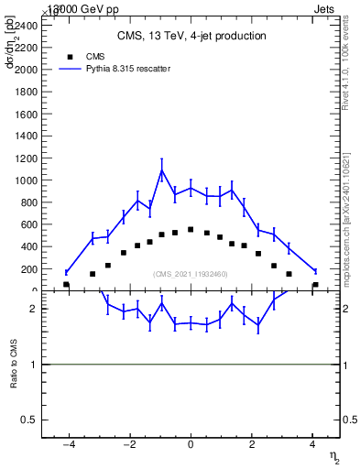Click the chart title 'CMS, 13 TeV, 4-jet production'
(191, 37)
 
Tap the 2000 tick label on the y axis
(27, 70)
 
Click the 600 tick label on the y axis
(29, 224)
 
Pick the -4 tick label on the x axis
(68, 445)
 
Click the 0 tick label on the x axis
(191, 445)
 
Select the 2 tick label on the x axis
(252, 445)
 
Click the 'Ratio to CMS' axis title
(14, 364)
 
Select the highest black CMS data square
(191, 229)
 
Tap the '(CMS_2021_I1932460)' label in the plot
(191, 274)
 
